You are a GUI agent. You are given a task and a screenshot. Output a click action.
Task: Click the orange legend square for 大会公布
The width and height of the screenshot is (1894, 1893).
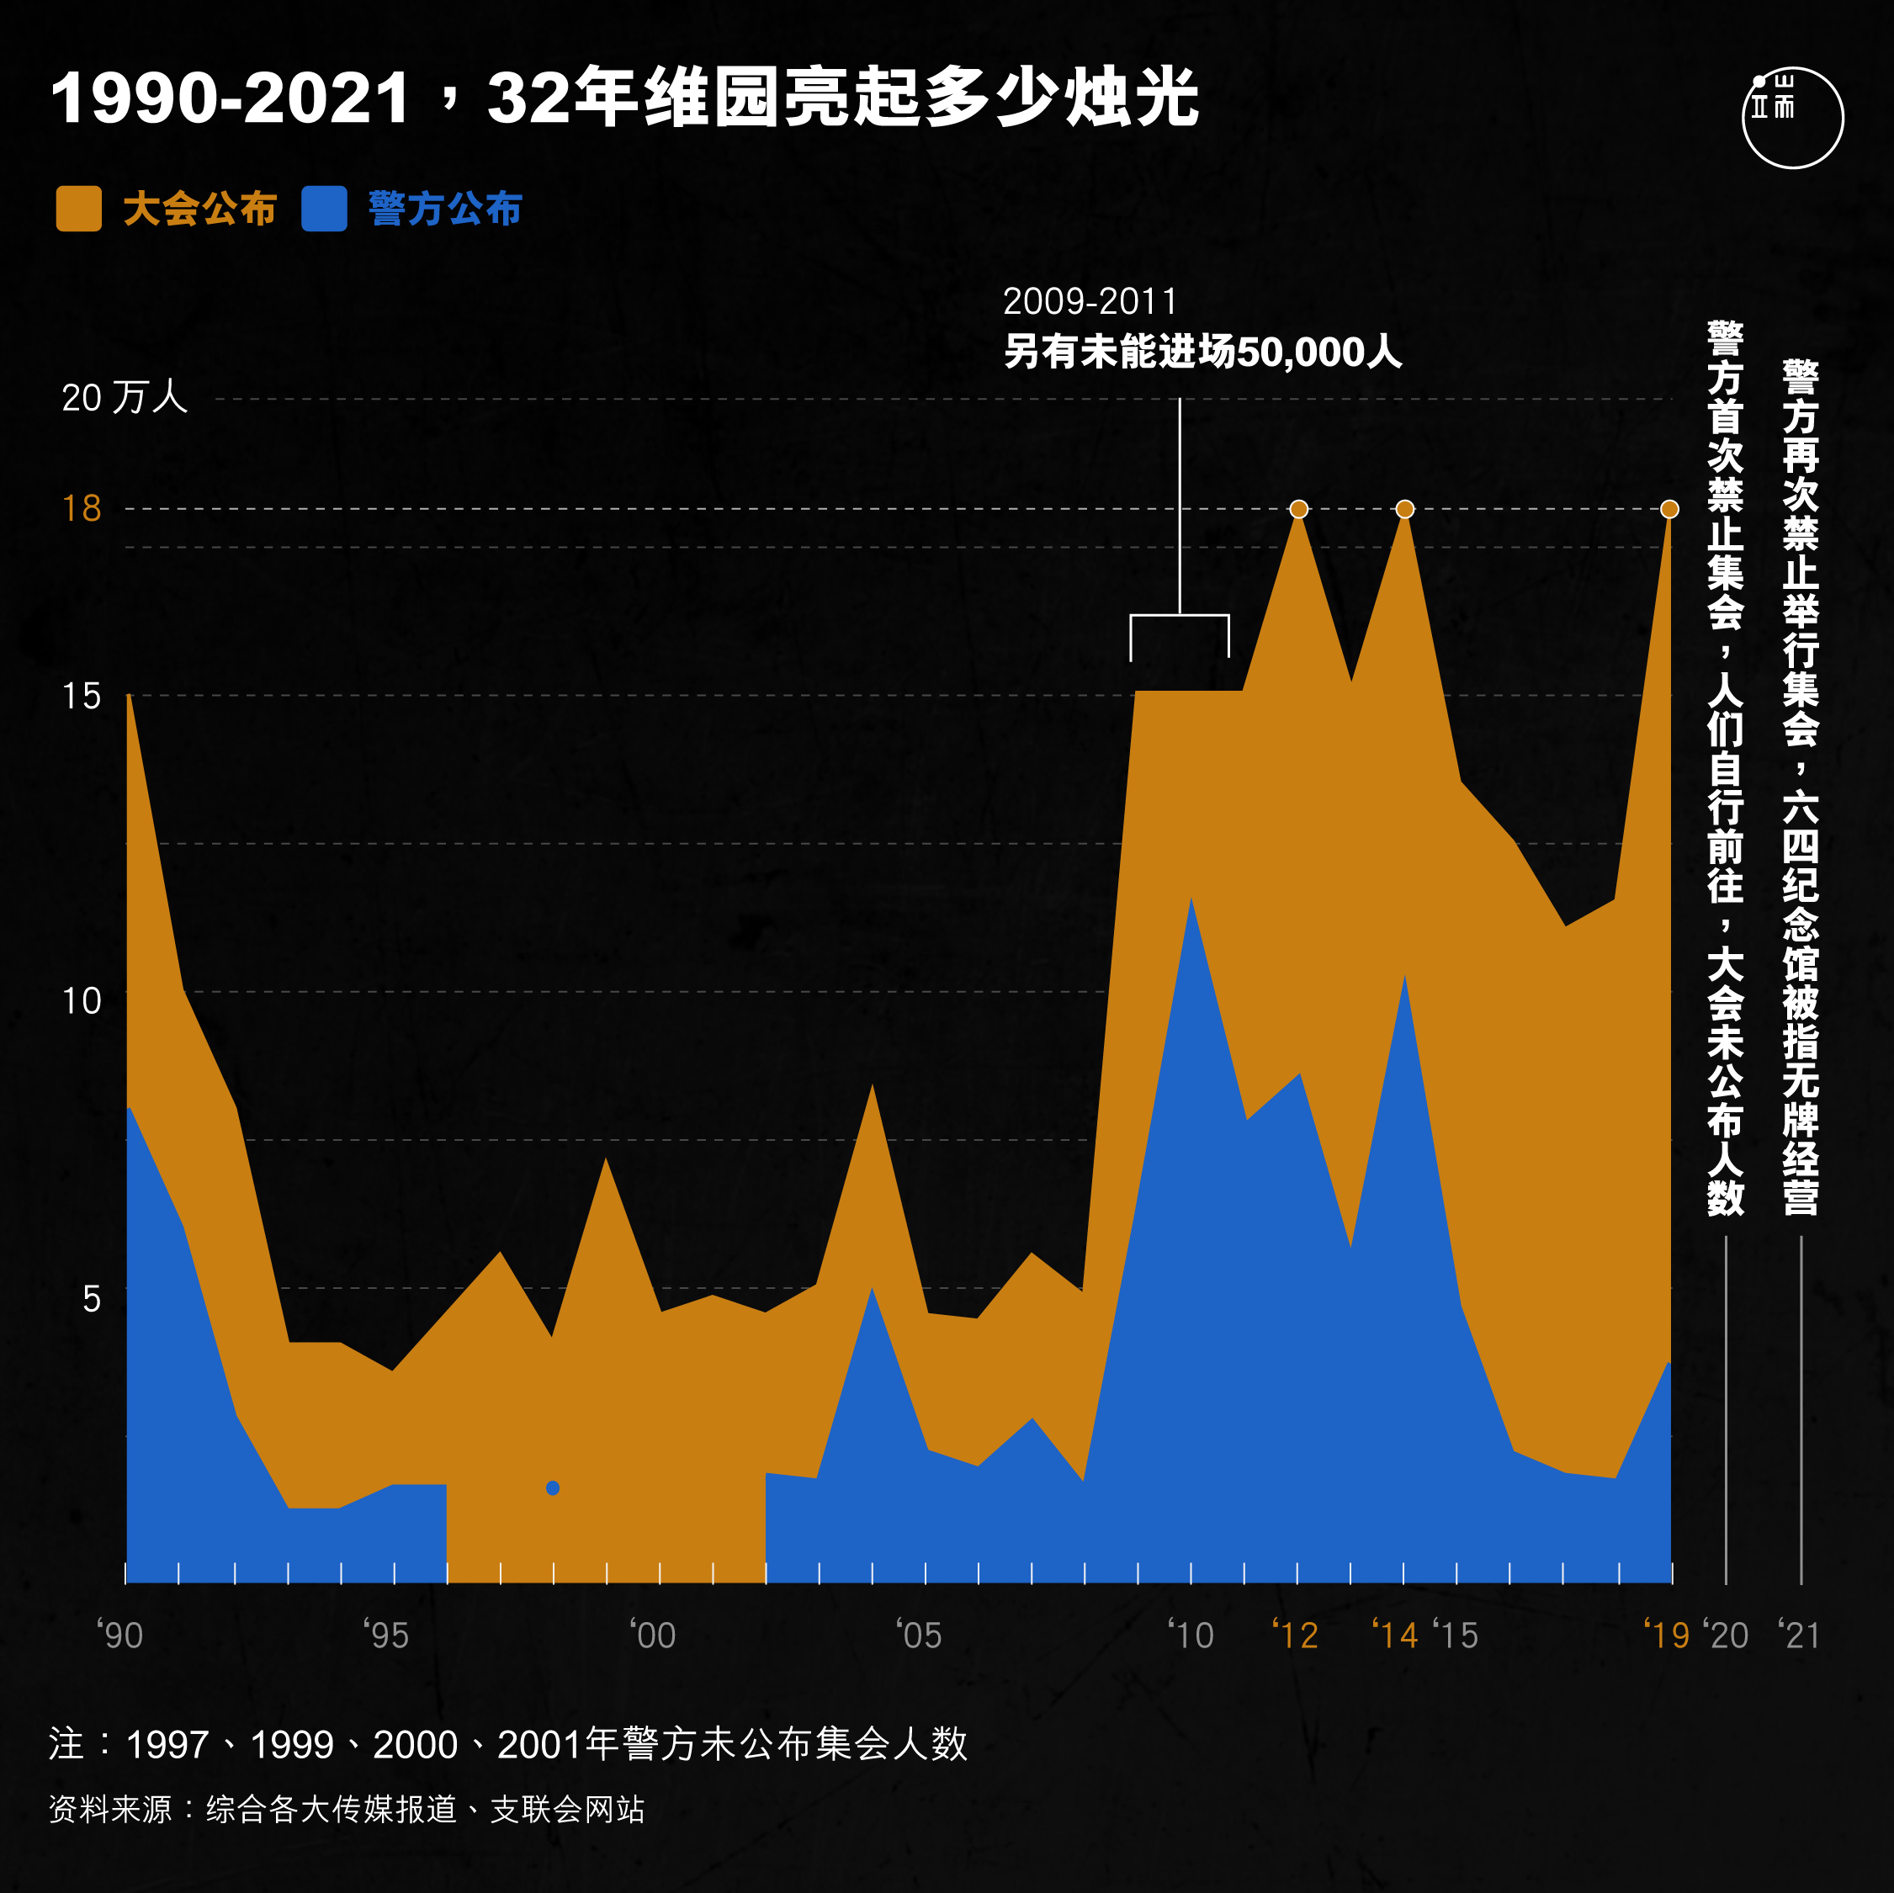(78, 209)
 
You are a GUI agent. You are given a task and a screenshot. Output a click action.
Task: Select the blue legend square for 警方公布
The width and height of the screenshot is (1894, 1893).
(323, 209)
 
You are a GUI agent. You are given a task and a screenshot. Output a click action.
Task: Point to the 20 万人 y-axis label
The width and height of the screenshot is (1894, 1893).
(125, 398)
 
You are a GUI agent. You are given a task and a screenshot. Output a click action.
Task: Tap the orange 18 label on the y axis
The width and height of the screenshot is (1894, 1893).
(82, 509)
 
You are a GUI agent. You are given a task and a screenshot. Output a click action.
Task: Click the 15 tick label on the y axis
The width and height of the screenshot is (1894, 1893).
(82, 697)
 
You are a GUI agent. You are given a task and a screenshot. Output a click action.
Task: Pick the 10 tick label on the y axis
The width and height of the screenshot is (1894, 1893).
(82, 1001)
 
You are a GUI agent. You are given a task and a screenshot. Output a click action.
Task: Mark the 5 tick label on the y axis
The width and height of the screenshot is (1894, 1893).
(91, 1299)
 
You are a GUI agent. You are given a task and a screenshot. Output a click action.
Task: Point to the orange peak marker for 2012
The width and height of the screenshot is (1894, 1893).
(1299, 509)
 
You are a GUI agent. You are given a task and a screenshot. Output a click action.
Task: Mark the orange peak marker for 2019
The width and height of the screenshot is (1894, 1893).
(1669, 509)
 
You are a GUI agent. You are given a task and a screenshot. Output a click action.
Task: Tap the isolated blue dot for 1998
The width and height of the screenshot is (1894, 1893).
(553, 1488)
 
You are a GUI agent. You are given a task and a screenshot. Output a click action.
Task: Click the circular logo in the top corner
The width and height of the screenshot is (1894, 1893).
(1792, 118)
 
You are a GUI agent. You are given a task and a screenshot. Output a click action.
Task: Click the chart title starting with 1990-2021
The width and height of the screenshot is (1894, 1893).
(624, 98)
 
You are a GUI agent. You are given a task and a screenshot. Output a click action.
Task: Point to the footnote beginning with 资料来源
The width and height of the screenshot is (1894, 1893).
(347, 1810)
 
